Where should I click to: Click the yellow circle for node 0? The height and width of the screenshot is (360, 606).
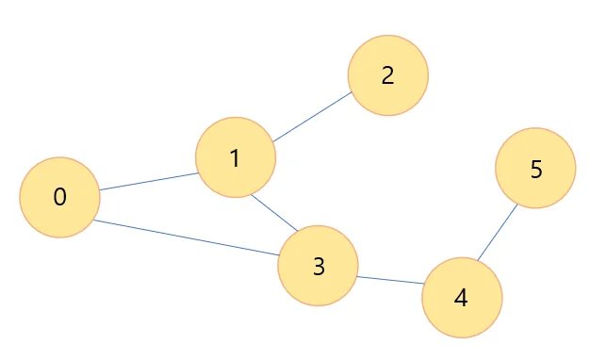click(60, 197)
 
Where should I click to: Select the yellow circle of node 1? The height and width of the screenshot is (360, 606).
click(236, 157)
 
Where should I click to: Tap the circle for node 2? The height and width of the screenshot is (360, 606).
click(388, 75)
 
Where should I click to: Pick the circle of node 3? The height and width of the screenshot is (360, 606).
click(318, 266)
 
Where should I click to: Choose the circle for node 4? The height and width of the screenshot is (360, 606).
click(462, 298)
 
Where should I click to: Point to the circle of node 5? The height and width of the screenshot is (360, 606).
click(535, 168)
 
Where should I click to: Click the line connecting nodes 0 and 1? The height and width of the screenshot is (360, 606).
click(149, 182)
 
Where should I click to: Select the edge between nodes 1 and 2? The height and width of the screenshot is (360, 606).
click(312, 117)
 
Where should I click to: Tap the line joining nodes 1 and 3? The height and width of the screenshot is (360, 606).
click(274, 213)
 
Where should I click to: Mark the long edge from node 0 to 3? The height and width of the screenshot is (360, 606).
click(187, 237)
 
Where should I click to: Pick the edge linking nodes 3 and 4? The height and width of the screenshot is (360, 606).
click(390, 280)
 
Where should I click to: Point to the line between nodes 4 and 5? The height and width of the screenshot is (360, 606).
click(498, 232)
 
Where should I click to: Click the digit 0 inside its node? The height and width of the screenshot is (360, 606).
click(60, 197)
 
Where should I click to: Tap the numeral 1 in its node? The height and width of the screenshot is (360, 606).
click(235, 158)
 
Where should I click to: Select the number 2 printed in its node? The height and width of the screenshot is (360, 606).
click(388, 75)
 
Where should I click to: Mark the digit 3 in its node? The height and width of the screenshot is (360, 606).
click(319, 267)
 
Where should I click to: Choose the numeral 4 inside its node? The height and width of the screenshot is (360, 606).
click(461, 298)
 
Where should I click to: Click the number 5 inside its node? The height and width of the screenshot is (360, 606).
click(536, 170)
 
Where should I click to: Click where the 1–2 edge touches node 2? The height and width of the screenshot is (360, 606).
click(352, 92)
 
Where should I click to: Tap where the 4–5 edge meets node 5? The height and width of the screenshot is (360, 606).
click(517, 204)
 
